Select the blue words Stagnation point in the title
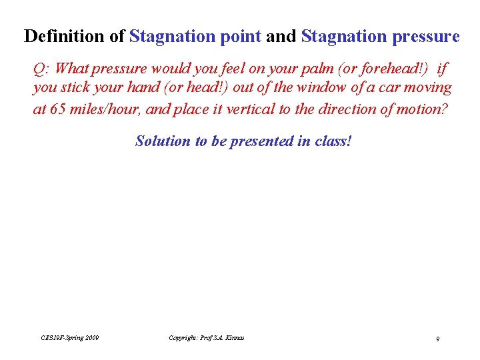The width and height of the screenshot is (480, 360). [195, 36]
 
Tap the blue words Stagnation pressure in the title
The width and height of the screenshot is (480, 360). [380, 36]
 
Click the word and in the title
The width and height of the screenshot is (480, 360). [281, 36]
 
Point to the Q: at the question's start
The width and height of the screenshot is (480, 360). [42, 68]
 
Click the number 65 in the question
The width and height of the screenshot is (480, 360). [57, 109]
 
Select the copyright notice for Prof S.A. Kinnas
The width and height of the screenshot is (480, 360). [207, 338]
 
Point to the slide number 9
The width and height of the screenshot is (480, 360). [437, 339]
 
